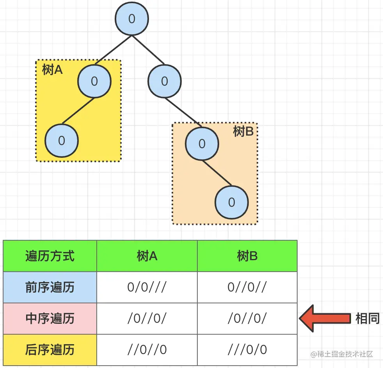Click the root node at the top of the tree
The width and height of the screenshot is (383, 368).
coord(132,19)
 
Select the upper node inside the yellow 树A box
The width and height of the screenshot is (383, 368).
coord(94,81)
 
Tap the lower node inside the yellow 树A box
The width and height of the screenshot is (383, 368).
coord(62,141)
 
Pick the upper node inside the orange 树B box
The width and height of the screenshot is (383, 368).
coord(202,144)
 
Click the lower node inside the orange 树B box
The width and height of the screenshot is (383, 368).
coord(232,202)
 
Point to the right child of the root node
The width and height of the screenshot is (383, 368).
coord(164,81)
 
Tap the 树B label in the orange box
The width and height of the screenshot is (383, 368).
coord(243,132)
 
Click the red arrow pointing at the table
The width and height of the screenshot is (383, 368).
coord(324,318)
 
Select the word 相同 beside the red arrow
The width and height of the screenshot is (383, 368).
coord(367,318)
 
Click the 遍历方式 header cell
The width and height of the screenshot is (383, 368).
coord(50,256)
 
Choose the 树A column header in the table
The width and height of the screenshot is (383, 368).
coord(147,256)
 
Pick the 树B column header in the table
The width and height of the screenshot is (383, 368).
coord(247,256)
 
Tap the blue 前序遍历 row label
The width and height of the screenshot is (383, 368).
coord(50,288)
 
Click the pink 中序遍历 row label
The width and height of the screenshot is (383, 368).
coord(50,319)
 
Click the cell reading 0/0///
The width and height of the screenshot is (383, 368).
coord(147,288)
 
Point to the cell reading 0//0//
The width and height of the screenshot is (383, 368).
coord(247,288)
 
